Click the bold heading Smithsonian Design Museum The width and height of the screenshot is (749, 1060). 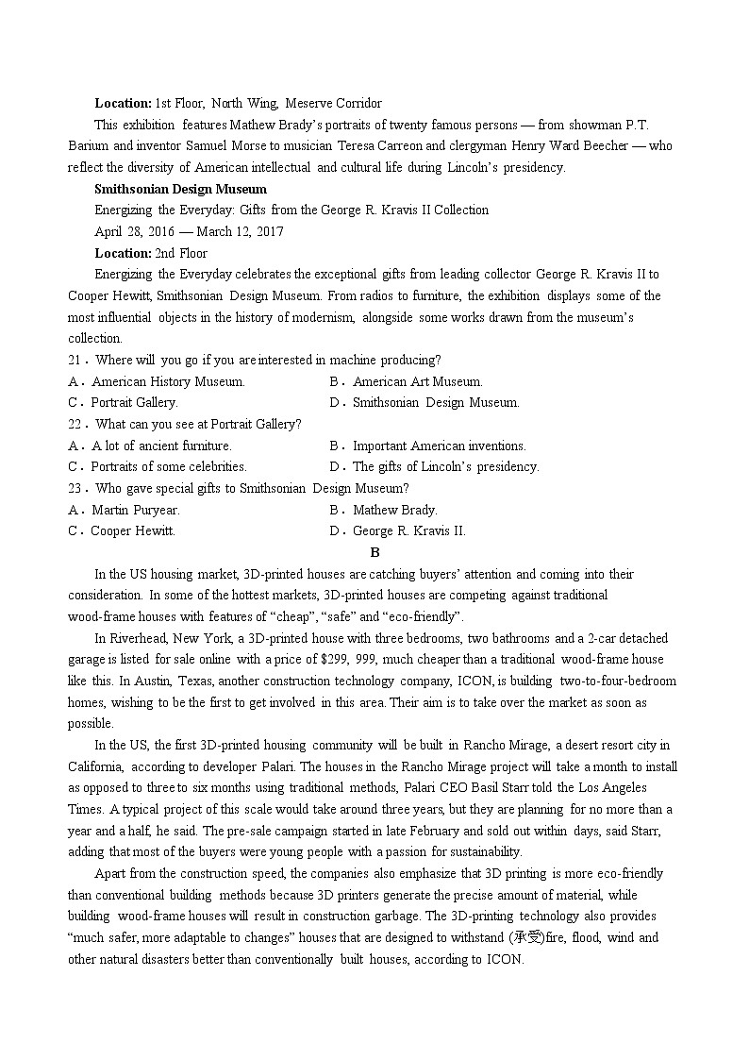click(167, 189)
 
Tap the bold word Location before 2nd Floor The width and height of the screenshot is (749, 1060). click(123, 253)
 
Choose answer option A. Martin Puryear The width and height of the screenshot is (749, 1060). click(125, 510)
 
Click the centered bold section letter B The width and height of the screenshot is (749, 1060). click(374, 552)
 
